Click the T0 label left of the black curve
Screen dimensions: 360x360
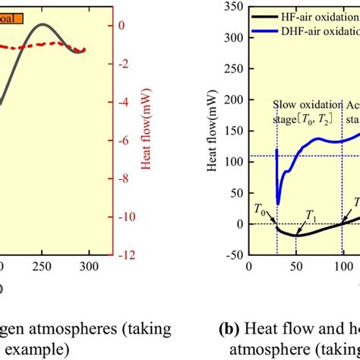pos(260,207)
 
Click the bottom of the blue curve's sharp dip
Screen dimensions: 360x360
pos(278,204)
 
